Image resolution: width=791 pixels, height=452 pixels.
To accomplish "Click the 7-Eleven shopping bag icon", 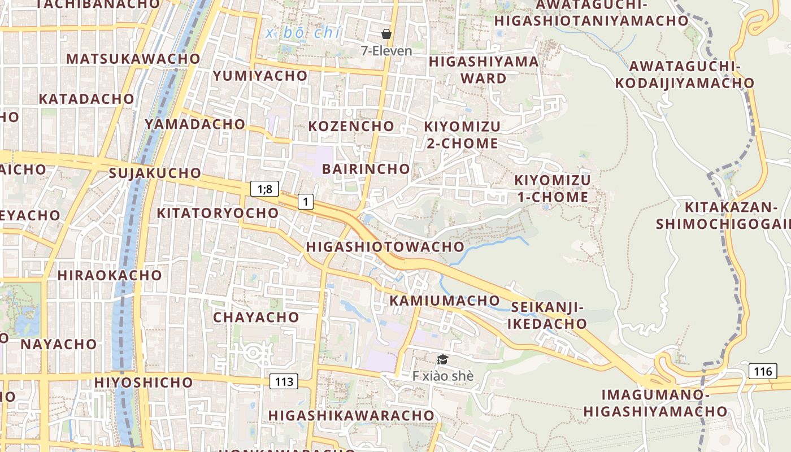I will pos(386,34).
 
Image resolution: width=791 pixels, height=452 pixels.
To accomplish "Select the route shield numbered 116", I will pos(763,371).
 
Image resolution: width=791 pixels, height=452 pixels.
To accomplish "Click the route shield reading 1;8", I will pos(264,189).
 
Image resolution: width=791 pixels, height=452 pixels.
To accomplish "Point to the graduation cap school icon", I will pos(442,359).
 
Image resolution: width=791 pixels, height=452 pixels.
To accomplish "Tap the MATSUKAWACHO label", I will pos(133,59).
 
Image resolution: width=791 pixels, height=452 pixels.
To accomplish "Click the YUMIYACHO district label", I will pos(260,76).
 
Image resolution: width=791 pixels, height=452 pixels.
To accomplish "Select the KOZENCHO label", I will pos(351,126).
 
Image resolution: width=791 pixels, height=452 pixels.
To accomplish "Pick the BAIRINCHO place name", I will pos(366,169).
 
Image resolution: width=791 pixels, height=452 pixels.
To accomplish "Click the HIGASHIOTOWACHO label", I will pos(385,247).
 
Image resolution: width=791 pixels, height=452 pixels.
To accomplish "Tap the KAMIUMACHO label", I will pos(445,301).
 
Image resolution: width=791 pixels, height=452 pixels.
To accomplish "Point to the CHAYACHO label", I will pos(256,318).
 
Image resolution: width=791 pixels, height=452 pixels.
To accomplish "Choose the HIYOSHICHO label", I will pos(144,383).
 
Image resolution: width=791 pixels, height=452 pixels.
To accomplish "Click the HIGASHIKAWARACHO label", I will pos(351,416).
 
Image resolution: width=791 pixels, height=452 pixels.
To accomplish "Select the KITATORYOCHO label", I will pos(218,213).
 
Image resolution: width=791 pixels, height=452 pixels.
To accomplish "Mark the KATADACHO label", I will pos(86,99).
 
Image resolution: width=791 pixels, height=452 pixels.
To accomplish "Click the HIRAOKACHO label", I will pos(110,276).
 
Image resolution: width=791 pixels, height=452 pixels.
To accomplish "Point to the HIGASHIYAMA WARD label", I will pos(484,69).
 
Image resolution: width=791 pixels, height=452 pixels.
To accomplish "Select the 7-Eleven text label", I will pos(386,50).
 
